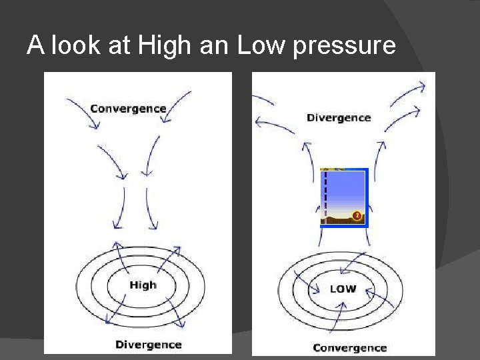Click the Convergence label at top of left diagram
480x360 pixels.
pyautogui.click(x=128, y=108)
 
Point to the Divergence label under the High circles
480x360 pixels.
pyautogui.click(x=148, y=345)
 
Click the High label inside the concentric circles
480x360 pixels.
pyautogui.click(x=143, y=285)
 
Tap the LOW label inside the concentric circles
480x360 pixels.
pyautogui.click(x=343, y=289)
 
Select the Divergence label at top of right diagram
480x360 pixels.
pyautogui.click(x=338, y=118)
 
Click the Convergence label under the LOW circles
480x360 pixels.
pyautogui.click(x=349, y=348)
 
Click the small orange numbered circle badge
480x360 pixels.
pyautogui.click(x=357, y=215)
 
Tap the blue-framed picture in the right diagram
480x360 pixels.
pyautogui.click(x=344, y=197)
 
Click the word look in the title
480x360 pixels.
pyautogui.click(x=70, y=45)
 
